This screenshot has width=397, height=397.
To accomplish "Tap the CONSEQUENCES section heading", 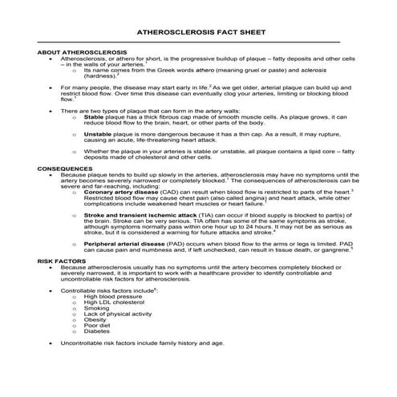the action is point(63,168).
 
